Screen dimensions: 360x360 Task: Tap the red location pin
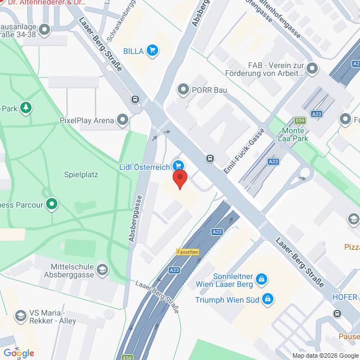[x=179, y=179]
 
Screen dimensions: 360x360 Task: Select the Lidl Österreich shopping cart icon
[x=178, y=165]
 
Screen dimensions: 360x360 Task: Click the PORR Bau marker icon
[x=182, y=89]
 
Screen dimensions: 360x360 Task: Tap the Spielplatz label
[x=81, y=174]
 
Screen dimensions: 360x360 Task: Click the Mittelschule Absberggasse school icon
[x=102, y=271]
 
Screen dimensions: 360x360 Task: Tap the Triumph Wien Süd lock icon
[x=268, y=299]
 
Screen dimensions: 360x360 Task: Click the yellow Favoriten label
[x=188, y=252]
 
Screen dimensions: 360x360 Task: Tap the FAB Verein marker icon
[x=313, y=69]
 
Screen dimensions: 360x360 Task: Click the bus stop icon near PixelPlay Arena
[x=136, y=99]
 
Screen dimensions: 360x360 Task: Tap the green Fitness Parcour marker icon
[x=52, y=204]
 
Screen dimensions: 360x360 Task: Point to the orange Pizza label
[x=351, y=246]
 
